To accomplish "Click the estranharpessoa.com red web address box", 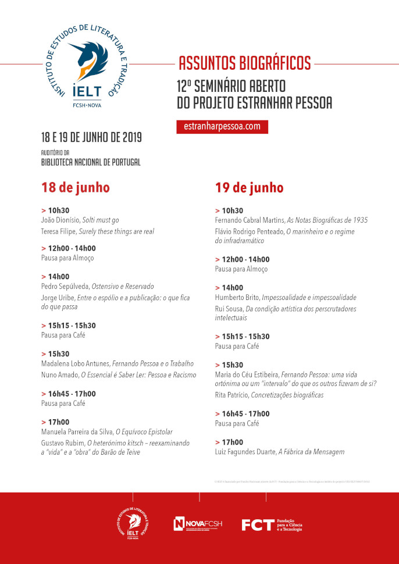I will (222, 126).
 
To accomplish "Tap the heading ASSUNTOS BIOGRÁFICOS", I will (244, 62).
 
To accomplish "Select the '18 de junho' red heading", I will (75, 188).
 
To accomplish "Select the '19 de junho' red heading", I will (249, 188).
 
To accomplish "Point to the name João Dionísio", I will (60, 221).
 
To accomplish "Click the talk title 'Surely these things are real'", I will (117, 231).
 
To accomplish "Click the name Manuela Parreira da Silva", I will (77, 432).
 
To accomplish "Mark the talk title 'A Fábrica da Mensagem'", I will (313, 452).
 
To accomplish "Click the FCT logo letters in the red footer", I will (257, 525).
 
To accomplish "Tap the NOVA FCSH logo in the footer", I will (198, 524).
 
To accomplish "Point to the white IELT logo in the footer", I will (133, 523).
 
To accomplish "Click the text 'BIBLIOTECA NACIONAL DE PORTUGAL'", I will (91, 163).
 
